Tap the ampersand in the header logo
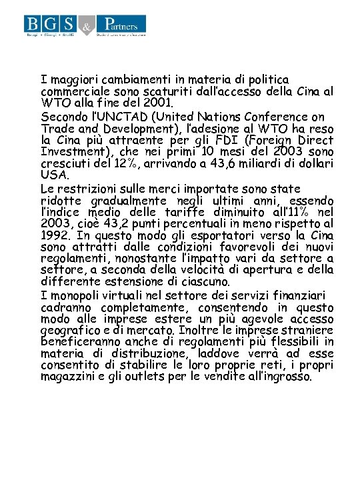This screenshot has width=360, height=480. pyautogui.click(x=86, y=27)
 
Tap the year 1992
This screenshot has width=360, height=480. pyautogui.click(x=56, y=235)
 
